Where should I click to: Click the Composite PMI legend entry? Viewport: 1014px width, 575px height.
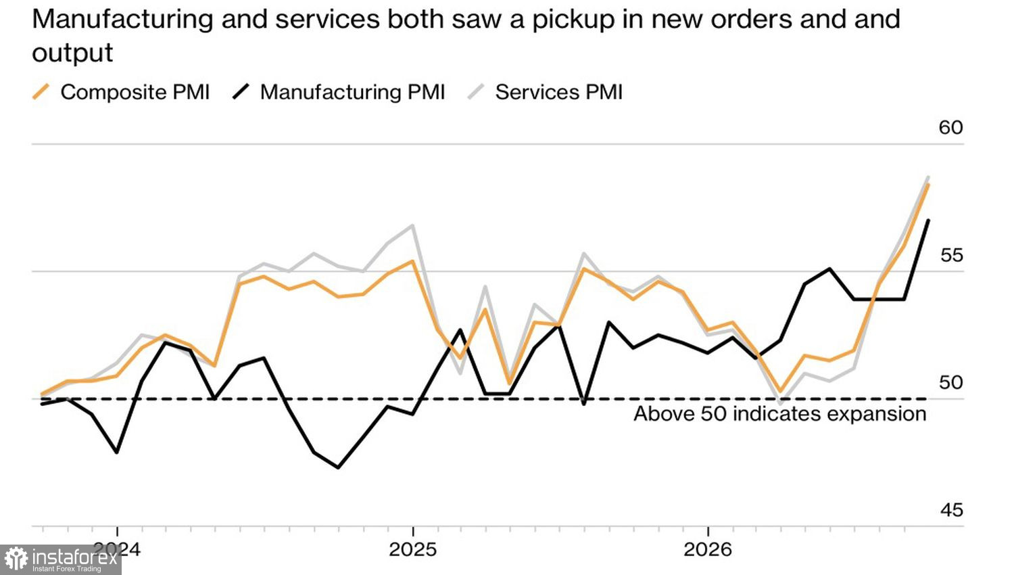pyautogui.click(x=121, y=92)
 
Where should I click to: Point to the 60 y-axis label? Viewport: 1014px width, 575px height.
pyautogui.click(x=950, y=128)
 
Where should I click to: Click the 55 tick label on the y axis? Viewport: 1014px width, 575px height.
pyautogui.click(x=952, y=256)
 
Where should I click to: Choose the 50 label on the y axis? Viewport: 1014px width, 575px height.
pyautogui.click(x=951, y=383)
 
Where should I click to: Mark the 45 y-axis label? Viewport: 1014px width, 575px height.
pyautogui.click(x=952, y=511)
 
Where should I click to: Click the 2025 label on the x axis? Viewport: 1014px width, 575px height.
pyautogui.click(x=413, y=549)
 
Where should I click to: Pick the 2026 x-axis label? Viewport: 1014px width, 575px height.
pyautogui.click(x=708, y=549)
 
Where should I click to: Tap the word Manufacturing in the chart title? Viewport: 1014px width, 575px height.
pyautogui.click(x=122, y=20)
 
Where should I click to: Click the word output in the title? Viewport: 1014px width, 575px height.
pyautogui.click(x=72, y=53)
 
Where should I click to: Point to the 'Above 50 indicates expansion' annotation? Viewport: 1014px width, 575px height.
pyautogui.click(x=779, y=414)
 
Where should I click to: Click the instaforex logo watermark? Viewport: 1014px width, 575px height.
pyautogui.click(x=61, y=559)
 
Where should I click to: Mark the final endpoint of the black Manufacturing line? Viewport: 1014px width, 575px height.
pyautogui.click(x=929, y=221)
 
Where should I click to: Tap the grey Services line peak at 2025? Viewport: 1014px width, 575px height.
pyautogui.click(x=412, y=225)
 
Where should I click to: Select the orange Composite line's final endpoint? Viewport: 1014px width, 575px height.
pyautogui.click(x=929, y=185)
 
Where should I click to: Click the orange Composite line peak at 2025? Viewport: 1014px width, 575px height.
pyautogui.click(x=412, y=261)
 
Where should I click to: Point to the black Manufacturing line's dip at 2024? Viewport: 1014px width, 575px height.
pyautogui.click(x=117, y=452)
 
